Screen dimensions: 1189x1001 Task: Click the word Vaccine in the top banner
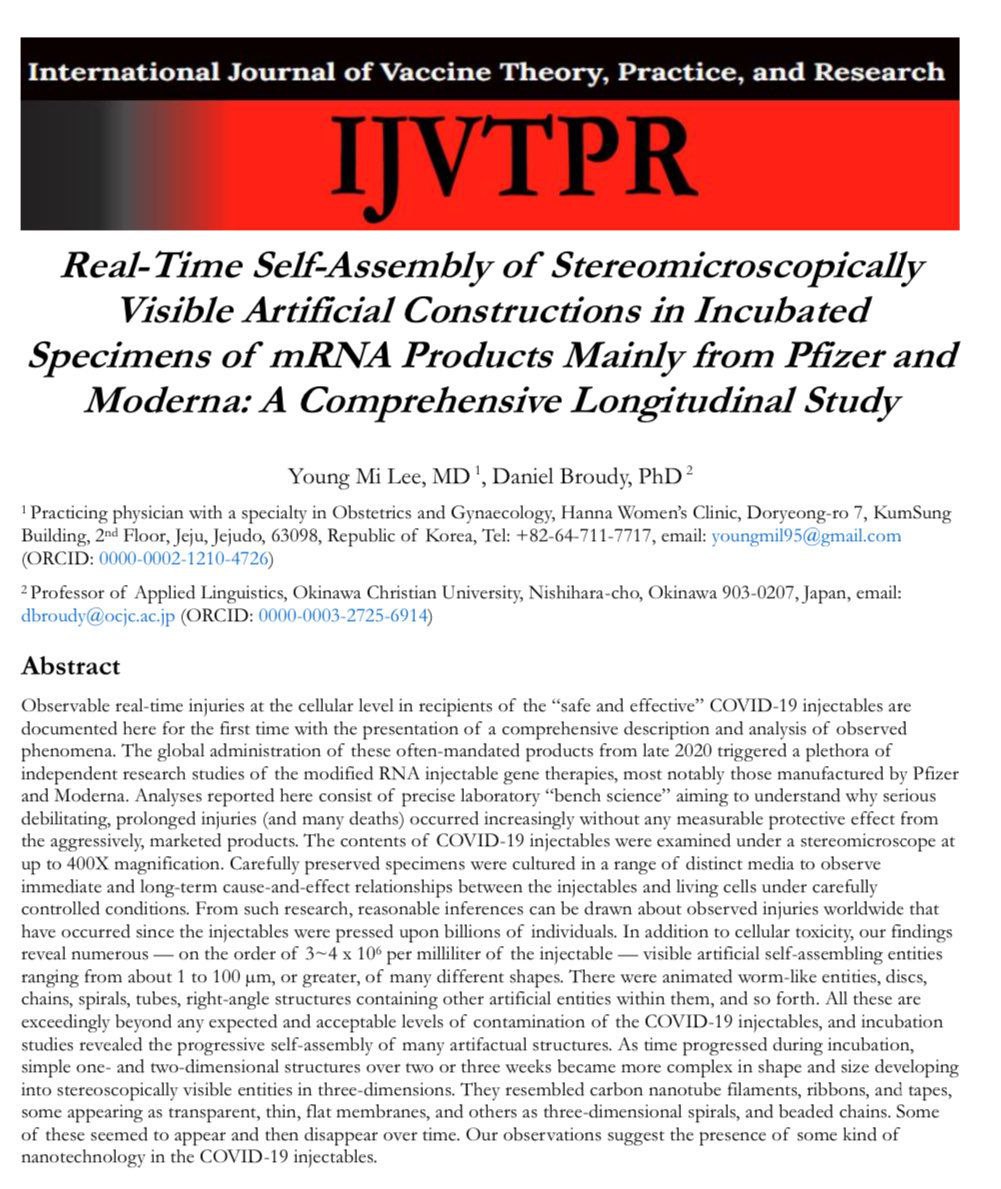(425, 72)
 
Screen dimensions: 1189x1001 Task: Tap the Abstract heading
(70, 666)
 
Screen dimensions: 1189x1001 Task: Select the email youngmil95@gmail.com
(806, 537)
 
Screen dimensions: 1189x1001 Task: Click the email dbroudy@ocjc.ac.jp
(98, 617)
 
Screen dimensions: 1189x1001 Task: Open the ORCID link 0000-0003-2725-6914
(343, 617)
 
